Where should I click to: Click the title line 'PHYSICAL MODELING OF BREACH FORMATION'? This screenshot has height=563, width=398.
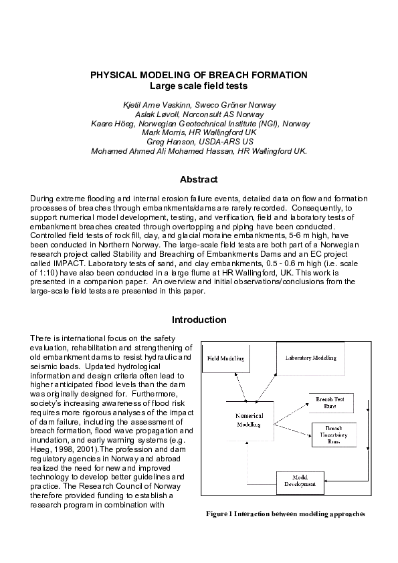tap(199, 75)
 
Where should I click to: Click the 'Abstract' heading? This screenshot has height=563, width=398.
tap(199, 179)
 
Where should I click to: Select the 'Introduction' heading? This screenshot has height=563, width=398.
tap(199, 320)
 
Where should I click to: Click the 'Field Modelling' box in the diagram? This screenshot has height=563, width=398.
tap(225, 359)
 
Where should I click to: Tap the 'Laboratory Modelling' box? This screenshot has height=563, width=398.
tap(310, 358)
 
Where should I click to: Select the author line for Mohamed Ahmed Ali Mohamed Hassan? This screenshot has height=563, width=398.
tap(199, 151)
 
